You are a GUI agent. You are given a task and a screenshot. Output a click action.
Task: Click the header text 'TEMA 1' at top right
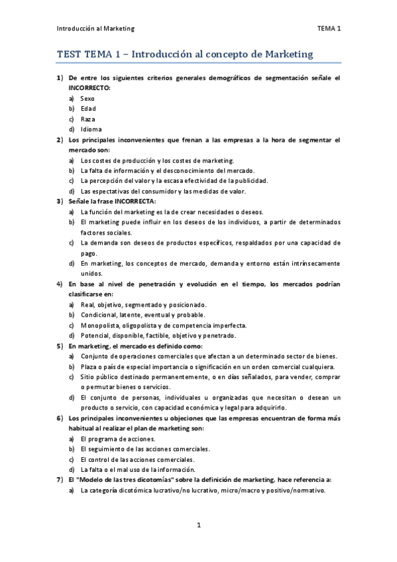329,28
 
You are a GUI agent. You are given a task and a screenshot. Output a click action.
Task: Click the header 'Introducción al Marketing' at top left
96,28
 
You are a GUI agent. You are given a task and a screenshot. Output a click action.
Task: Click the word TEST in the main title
70,55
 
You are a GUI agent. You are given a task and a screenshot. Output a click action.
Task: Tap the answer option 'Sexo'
87,98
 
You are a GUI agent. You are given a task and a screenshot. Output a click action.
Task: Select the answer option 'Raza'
87,119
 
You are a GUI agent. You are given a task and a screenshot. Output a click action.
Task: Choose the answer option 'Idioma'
91,129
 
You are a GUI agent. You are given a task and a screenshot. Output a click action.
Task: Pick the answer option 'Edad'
88,109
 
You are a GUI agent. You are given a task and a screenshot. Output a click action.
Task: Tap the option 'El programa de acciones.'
118,439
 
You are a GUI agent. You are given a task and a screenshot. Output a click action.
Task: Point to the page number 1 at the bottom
198,525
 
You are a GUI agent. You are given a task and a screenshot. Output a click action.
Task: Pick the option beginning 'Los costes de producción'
157,160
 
